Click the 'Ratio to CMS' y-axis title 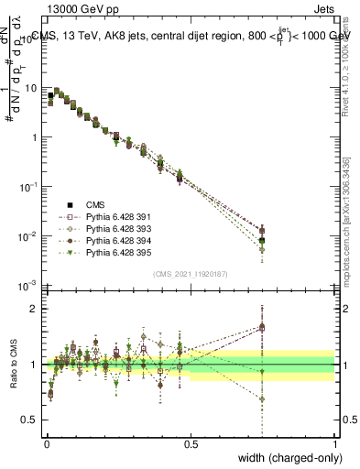pos(13,365)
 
